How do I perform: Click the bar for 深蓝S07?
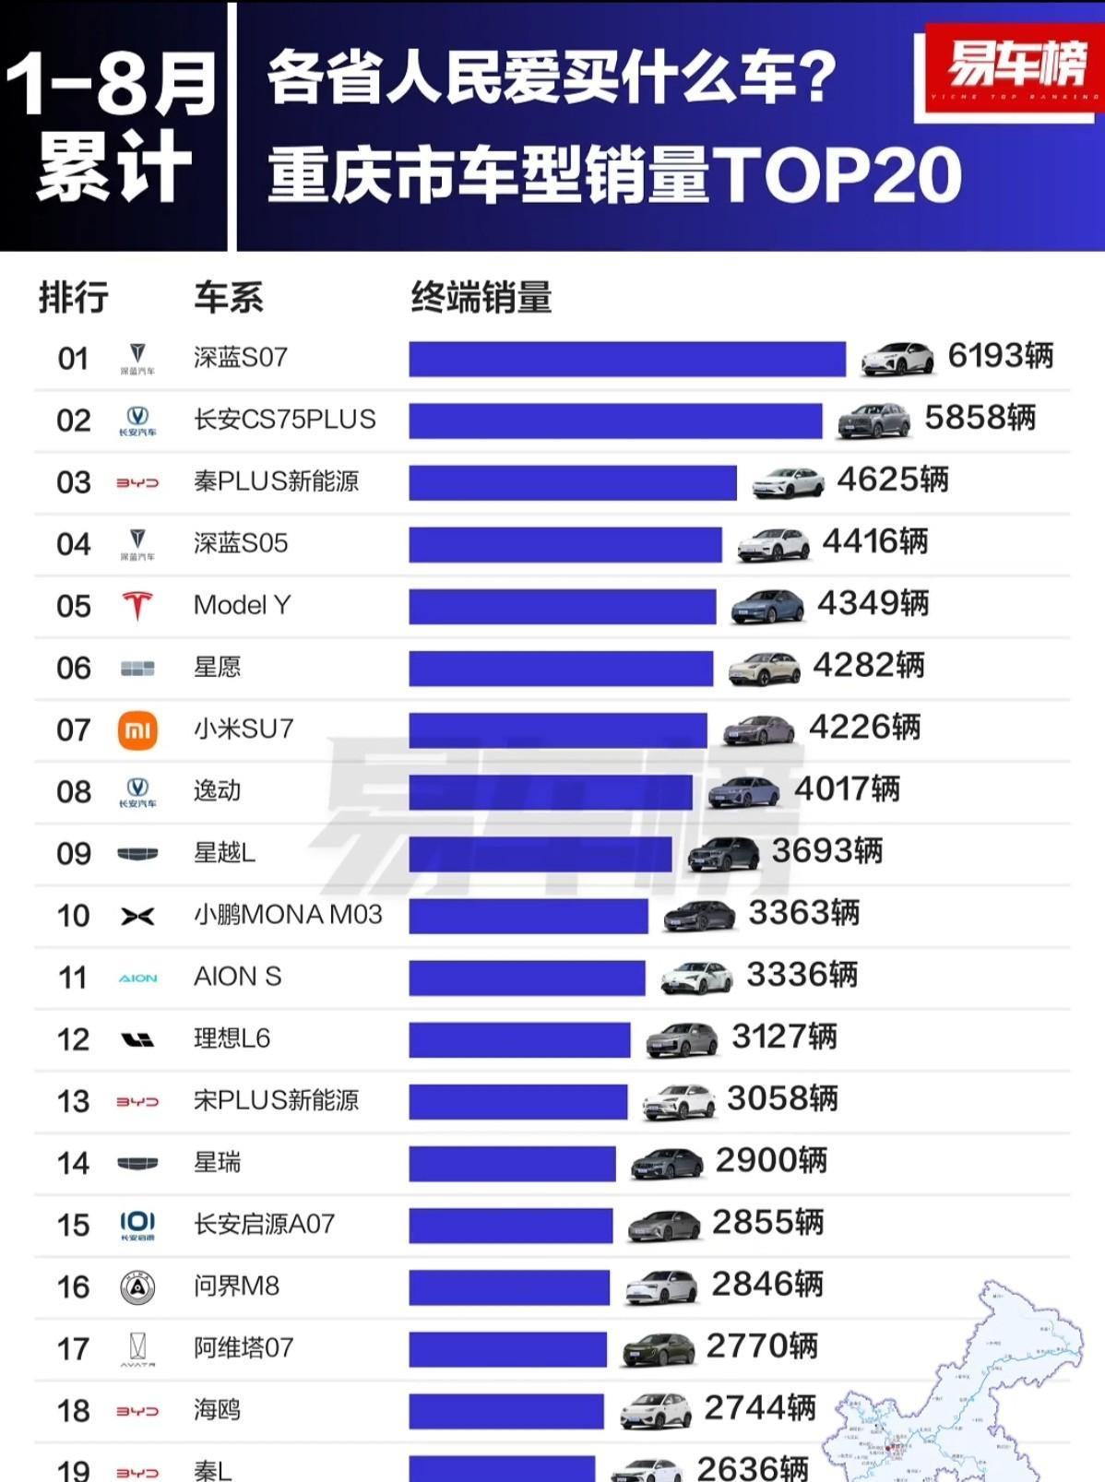click(x=627, y=359)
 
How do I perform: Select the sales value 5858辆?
click(x=980, y=418)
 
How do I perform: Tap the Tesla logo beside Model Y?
click(x=137, y=606)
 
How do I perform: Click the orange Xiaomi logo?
click(x=137, y=730)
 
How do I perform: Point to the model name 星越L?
click(x=224, y=853)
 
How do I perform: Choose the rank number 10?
click(x=74, y=916)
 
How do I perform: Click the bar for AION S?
click(x=527, y=978)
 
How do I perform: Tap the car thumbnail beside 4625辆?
click(x=788, y=482)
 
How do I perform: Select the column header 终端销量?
click(x=481, y=298)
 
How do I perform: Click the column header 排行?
click(x=74, y=298)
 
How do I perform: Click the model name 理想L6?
click(x=232, y=1039)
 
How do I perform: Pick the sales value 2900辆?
click(x=771, y=1160)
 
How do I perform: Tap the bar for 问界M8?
click(x=509, y=1287)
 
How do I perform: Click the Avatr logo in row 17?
click(x=137, y=1349)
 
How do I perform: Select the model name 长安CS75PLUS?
click(x=284, y=420)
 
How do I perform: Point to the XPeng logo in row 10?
click(x=137, y=916)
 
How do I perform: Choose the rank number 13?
click(x=74, y=1101)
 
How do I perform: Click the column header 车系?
click(x=228, y=298)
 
